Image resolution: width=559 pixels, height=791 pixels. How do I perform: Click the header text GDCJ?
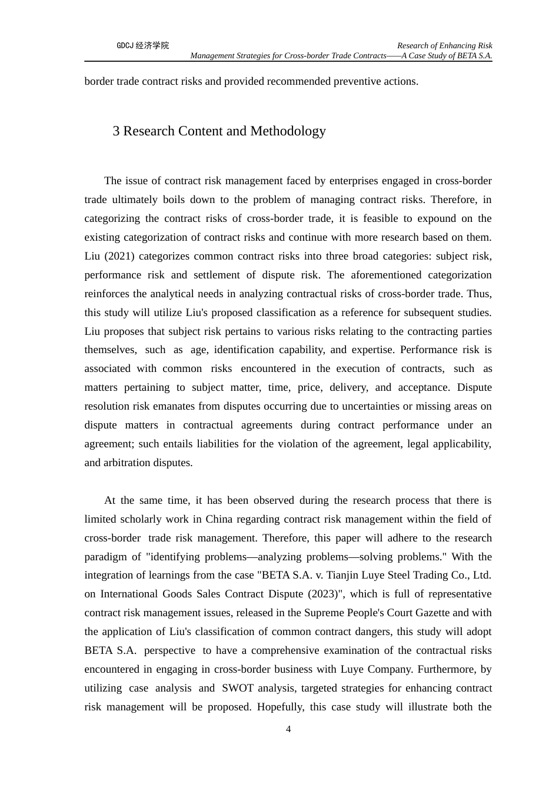coord(125,46)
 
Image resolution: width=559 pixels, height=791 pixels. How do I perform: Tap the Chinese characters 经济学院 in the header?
coord(152,46)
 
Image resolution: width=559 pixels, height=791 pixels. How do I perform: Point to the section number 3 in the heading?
coord(117,131)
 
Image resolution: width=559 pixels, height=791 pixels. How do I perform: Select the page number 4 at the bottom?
coord(288,729)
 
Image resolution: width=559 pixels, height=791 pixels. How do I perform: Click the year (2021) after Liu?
coord(119,256)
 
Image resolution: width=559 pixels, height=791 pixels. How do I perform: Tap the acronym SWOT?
coord(238,688)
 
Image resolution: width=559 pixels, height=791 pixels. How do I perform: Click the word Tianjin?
coord(354,575)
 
